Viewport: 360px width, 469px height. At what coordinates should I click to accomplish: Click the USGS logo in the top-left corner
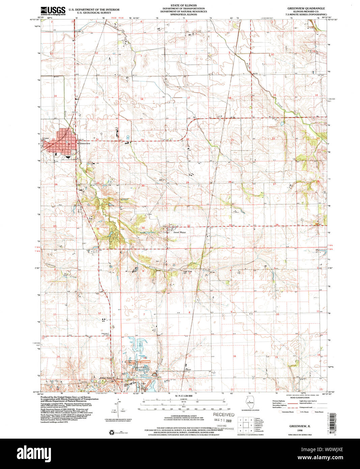[53, 11]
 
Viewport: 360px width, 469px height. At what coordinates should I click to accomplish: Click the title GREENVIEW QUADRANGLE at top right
[306, 8]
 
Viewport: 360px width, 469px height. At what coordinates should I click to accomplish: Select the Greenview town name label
[85, 143]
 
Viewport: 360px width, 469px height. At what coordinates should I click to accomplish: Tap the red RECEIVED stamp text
[223, 415]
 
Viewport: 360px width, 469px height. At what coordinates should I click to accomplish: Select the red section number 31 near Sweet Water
[143, 228]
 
